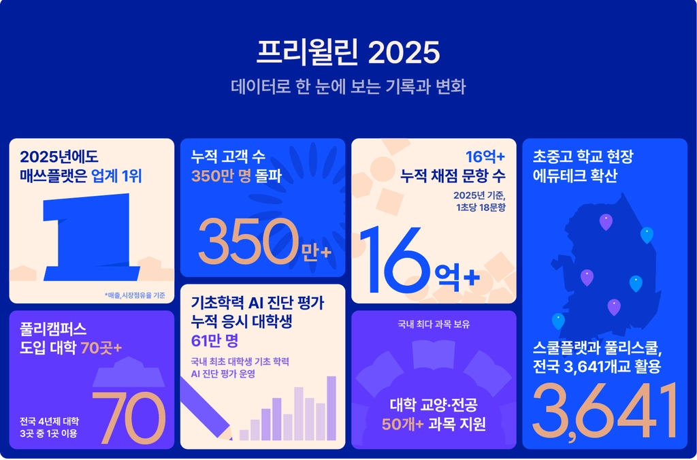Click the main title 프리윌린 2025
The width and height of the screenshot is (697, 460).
pyautogui.click(x=348, y=52)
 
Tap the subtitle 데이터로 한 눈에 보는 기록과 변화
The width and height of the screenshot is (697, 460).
pyautogui.click(x=348, y=86)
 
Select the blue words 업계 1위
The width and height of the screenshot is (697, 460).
pyautogui.click(x=116, y=176)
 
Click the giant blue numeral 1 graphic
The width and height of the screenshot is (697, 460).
pyautogui.click(x=91, y=237)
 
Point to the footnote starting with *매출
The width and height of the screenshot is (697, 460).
pyautogui.click(x=135, y=295)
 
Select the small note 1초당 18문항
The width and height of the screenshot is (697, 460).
pyautogui.click(x=481, y=207)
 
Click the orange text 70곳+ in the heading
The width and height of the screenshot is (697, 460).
pyautogui.click(x=101, y=348)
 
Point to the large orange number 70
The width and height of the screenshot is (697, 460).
pyautogui.click(x=129, y=418)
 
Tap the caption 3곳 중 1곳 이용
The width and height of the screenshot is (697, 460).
pyautogui.click(x=48, y=433)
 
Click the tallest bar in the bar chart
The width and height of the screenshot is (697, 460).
pyautogui.click(x=331, y=408)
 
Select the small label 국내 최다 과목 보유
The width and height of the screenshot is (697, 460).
pyautogui.click(x=434, y=325)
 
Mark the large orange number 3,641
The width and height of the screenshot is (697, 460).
pyautogui.click(x=605, y=412)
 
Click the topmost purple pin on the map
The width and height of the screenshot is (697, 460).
pyautogui.click(x=606, y=222)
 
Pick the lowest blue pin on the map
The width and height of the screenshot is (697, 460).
pyautogui.click(x=558, y=321)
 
